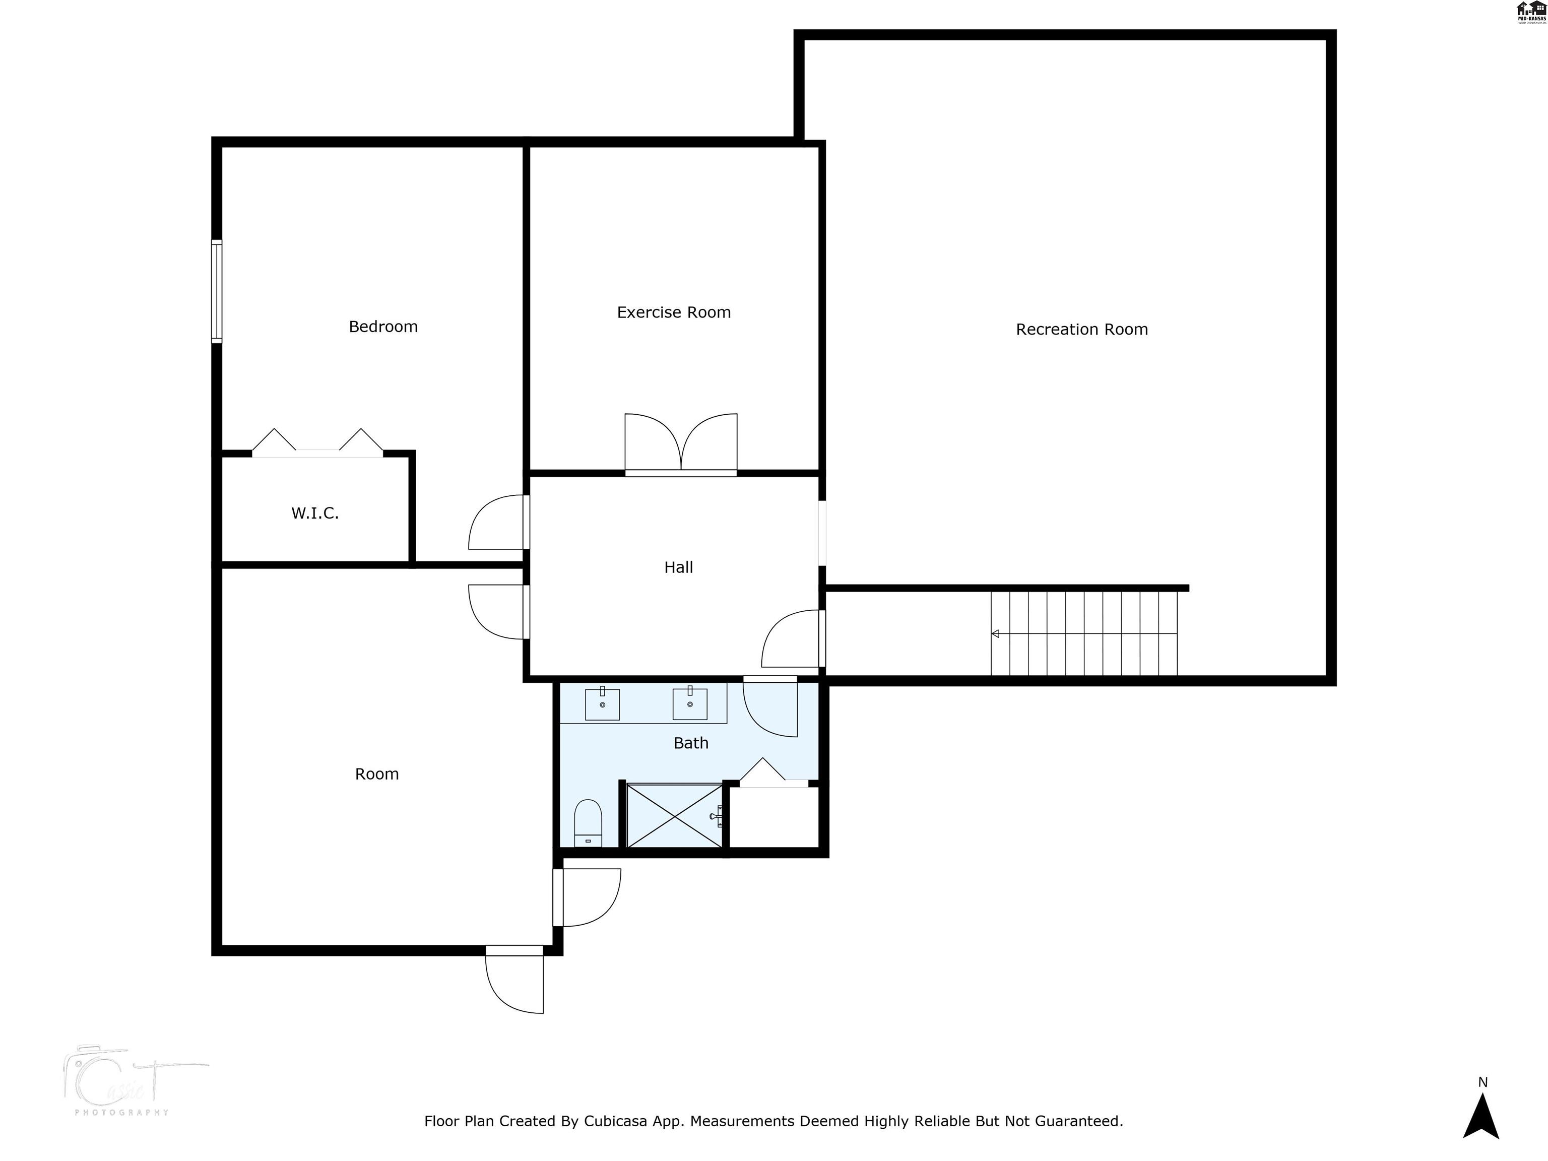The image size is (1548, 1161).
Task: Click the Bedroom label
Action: pyautogui.click(x=383, y=327)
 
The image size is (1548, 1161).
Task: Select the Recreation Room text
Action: pyautogui.click(x=1081, y=330)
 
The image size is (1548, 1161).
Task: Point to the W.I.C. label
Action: pyautogui.click(x=315, y=513)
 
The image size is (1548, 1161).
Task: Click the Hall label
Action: pyautogui.click(x=678, y=567)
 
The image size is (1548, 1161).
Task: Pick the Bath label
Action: pyautogui.click(x=691, y=743)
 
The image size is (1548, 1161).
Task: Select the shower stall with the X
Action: pyautogui.click(x=674, y=816)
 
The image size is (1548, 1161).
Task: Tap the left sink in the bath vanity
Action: pyautogui.click(x=602, y=703)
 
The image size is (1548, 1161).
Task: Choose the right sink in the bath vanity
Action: pyautogui.click(x=689, y=703)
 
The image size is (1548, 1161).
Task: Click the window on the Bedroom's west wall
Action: pyautogui.click(x=217, y=292)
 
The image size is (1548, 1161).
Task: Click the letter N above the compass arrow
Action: pyautogui.click(x=1482, y=1082)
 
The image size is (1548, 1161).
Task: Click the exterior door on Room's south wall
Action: pyautogui.click(x=515, y=980)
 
